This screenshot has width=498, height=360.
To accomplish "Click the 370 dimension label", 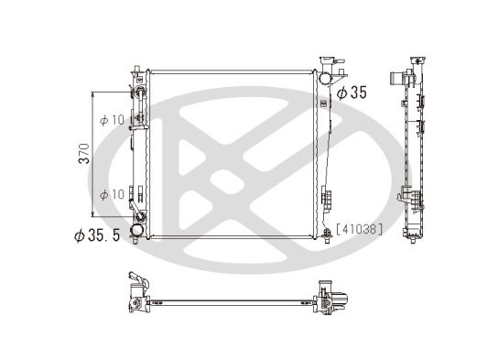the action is [x=84, y=154].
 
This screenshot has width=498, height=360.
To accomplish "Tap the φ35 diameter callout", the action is [x=352, y=93].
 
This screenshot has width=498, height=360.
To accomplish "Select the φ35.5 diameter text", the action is [x=97, y=235].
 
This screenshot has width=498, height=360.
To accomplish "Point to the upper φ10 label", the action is [x=112, y=120].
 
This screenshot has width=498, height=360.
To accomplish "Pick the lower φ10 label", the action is [x=112, y=194].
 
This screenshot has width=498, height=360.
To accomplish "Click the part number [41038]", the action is [x=360, y=229].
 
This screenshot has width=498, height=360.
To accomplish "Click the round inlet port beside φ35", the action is [x=325, y=78].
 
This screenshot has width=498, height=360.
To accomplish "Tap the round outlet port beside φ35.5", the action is [x=137, y=230].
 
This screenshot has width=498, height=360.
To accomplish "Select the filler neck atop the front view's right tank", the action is [x=327, y=61].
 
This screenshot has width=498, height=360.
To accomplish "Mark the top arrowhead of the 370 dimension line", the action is [x=92, y=94].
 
